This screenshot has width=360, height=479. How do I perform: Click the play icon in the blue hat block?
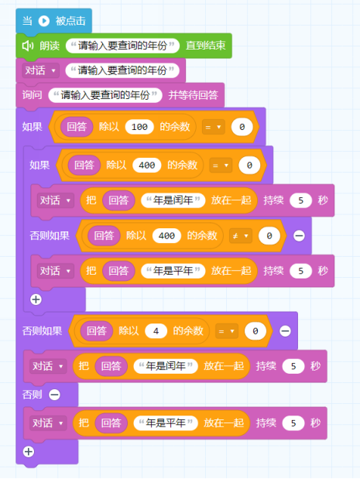[x=44, y=21]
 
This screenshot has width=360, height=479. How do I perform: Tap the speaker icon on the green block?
[x=28, y=46]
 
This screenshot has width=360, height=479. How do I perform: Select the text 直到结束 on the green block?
[x=206, y=46]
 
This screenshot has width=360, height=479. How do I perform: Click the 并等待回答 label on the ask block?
[x=193, y=95]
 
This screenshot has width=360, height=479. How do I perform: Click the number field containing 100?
[x=139, y=127]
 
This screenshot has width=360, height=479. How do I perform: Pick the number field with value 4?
[x=156, y=331]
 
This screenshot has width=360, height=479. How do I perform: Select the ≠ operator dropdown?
[x=241, y=236]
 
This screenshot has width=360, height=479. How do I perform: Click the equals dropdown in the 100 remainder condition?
[x=214, y=127]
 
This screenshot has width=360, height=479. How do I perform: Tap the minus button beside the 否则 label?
[x=54, y=395]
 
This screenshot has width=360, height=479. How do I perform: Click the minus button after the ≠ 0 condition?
[x=299, y=236]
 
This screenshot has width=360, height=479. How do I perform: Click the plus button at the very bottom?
[x=29, y=451]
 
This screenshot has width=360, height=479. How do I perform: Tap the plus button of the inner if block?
[x=36, y=299]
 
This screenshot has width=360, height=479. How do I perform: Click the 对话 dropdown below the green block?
[x=40, y=70]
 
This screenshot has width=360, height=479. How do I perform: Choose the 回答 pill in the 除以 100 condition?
[x=77, y=127]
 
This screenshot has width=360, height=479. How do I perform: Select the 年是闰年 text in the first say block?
[x=173, y=200]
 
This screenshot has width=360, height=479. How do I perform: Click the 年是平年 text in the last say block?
[x=166, y=423]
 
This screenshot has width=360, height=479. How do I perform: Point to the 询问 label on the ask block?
[x=32, y=95]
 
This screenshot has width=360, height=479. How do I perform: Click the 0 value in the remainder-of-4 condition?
[x=255, y=331]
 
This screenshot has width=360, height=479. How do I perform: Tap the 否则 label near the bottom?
[x=32, y=395]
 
